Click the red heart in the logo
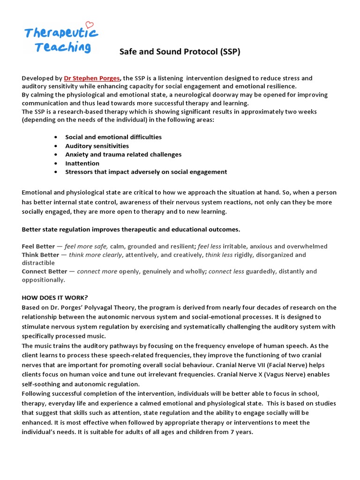tap(90, 25)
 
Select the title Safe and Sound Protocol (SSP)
tap(180, 52)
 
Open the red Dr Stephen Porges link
tap(92, 78)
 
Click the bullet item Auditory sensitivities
tap(97, 146)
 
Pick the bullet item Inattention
tap(82, 163)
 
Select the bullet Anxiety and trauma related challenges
tap(123, 154)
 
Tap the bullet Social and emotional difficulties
tap(113, 137)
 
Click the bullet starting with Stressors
tap(146, 172)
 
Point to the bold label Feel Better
tap(38, 246)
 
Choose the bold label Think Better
tap(40, 255)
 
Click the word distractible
tap(38, 262)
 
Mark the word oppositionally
tap(43, 279)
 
